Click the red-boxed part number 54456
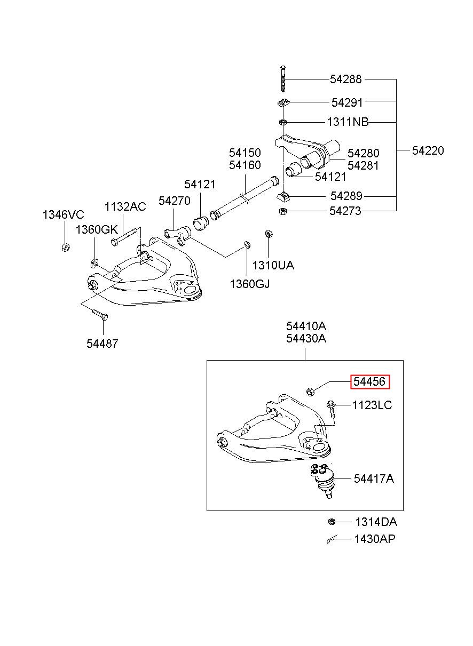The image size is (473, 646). (369, 382)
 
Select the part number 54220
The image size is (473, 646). (428, 150)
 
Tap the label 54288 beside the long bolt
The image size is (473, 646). (345, 79)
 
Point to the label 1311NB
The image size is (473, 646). (348, 122)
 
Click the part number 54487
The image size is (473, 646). (103, 344)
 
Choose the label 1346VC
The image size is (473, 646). (63, 215)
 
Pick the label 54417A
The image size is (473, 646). (374, 479)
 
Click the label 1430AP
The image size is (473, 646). (375, 539)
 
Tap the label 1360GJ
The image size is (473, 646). (250, 284)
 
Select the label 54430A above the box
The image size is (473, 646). (306, 338)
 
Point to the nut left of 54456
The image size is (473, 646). (310, 392)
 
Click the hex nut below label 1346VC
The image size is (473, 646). (66, 247)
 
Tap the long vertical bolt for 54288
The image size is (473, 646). (283, 79)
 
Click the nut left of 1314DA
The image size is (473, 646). (332, 522)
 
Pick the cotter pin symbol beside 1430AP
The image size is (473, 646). (332, 539)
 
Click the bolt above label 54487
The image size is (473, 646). (99, 314)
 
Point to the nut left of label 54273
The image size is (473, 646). (283, 211)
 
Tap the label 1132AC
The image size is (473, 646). (125, 207)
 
